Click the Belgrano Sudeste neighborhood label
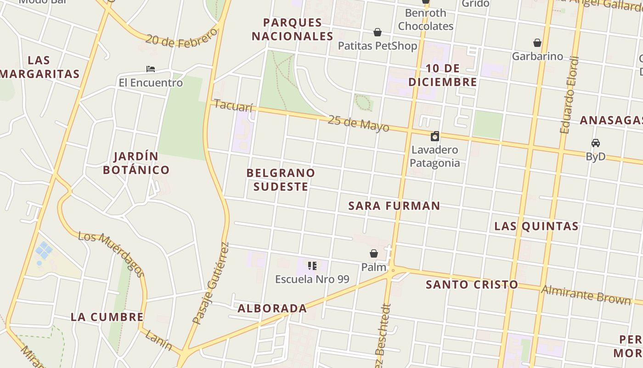[x=281, y=179]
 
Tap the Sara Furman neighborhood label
[x=394, y=206]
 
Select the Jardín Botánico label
[x=136, y=163]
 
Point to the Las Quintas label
[x=536, y=226]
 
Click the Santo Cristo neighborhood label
[x=472, y=284]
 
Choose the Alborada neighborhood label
[x=272, y=308]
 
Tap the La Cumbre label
[x=107, y=317]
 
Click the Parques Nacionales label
[x=292, y=29]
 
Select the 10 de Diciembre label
[x=443, y=75]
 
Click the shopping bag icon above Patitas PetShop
[x=377, y=32]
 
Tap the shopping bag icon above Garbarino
[x=537, y=43]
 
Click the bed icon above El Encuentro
[x=150, y=69]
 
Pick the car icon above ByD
[x=595, y=143]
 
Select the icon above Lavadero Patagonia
[x=434, y=136]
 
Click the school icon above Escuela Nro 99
[x=312, y=265]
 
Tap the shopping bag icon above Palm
[x=374, y=253]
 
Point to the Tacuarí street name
[x=233, y=106]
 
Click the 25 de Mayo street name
[x=358, y=123]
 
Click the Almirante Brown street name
[x=586, y=294]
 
